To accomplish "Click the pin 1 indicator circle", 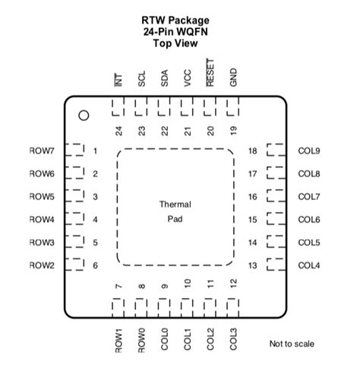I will [x=84, y=116].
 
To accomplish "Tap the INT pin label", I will [x=118, y=79].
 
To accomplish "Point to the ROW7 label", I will [x=42, y=151].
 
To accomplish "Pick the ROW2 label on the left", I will [x=42, y=265].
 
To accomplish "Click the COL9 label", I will [x=309, y=151].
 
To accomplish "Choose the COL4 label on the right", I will [x=309, y=265].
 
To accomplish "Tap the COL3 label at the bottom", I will [x=233, y=338].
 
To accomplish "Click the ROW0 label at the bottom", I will [x=141, y=339].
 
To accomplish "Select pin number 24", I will [x=118, y=131].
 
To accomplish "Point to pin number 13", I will [x=252, y=265].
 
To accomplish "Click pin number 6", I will [x=96, y=265].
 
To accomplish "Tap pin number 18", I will [x=252, y=151].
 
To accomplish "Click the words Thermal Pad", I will [x=175, y=211].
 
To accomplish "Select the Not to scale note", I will [x=292, y=344].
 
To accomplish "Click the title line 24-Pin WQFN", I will [x=175, y=32].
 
